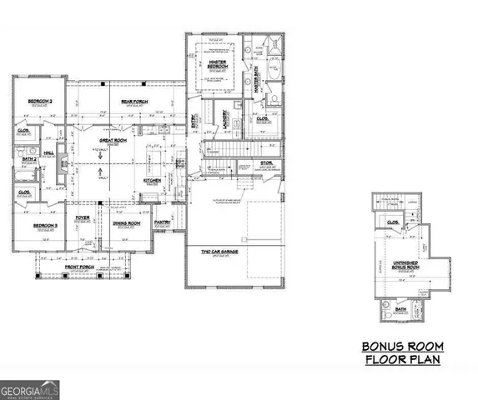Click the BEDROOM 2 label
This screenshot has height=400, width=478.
[x=38, y=102]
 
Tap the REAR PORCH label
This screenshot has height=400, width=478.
[x=133, y=102]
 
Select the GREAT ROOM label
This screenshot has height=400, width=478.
[x=113, y=141]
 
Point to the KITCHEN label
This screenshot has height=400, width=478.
[x=152, y=180]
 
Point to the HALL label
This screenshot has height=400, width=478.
[x=48, y=154]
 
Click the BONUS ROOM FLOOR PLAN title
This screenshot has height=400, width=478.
[x=402, y=352]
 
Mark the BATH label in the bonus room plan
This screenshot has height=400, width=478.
[x=401, y=309]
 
